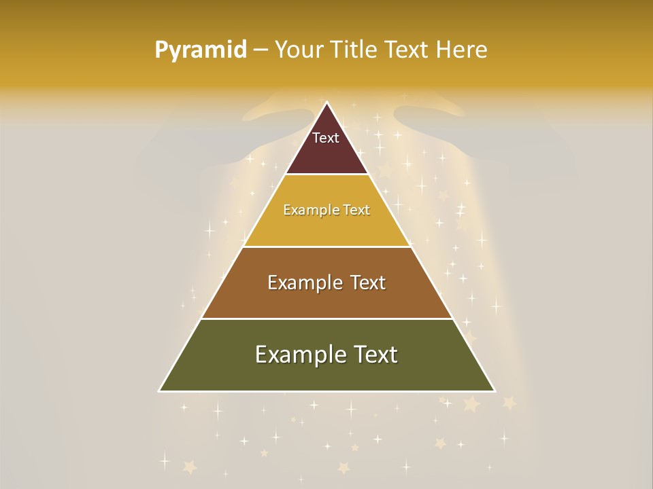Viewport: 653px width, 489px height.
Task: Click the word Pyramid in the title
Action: coord(201,50)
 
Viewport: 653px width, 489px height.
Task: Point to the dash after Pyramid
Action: coord(260,50)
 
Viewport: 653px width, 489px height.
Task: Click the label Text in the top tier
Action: coord(326,138)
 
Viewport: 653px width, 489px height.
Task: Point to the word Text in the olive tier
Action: coord(375,354)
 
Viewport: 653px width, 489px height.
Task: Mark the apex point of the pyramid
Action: coord(326,103)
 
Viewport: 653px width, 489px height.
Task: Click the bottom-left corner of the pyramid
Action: coord(160,391)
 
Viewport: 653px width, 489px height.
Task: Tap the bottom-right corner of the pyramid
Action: coord(494,391)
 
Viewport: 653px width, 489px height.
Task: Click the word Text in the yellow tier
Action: coord(354,210)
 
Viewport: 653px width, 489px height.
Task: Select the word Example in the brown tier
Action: coord(302,283)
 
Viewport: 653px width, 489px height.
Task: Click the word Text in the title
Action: coord(408,50)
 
